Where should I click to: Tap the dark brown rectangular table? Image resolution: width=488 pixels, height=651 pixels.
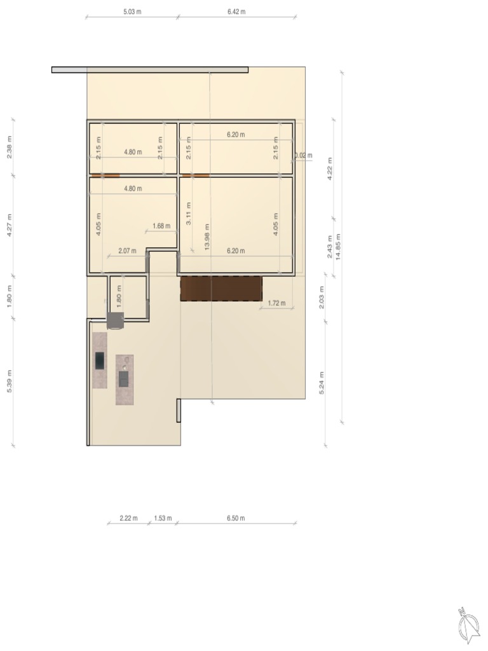[221, 288]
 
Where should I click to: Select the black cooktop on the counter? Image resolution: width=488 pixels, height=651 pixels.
[100, 360]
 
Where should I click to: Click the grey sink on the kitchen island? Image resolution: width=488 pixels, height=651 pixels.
[123, 379]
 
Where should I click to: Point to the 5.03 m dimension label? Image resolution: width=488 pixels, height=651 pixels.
[133, 11]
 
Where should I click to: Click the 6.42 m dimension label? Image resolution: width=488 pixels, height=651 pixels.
[236, 11]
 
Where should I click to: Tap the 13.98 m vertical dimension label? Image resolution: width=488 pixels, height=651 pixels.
[208, 236]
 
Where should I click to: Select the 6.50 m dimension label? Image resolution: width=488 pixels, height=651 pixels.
[235, 518]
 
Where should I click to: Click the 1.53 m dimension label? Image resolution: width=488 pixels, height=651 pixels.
[163, 518]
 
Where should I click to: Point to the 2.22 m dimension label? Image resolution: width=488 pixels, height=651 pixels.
[128, 518]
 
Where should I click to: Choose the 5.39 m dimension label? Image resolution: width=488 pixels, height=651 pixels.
[10, 381]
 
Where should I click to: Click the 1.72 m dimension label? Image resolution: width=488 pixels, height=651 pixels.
[276, 303]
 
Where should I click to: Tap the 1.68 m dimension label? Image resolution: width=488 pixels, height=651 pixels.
[161, 226]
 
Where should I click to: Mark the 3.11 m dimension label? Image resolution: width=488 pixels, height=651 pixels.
[188, 214]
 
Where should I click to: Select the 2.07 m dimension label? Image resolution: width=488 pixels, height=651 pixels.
[127, 250]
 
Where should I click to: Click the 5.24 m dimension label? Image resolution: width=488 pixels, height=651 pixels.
[322, 383]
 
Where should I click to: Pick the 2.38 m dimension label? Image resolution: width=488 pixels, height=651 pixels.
[10, 147]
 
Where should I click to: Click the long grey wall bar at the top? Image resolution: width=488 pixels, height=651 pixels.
[149, 69]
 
